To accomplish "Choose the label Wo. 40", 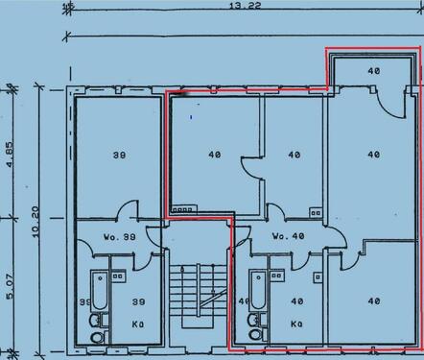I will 288,236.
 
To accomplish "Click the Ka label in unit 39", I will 138,324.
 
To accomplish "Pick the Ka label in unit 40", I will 297,324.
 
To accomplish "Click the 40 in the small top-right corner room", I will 372,71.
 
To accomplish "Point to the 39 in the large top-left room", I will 118,155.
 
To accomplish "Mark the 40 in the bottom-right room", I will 372,301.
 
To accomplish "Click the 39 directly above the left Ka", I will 138,301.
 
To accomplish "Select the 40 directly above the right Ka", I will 296,301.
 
